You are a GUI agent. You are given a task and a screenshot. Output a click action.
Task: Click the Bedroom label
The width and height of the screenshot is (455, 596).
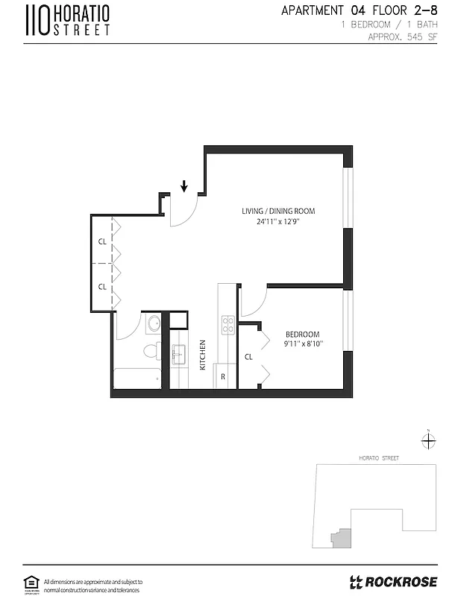coord(303,334)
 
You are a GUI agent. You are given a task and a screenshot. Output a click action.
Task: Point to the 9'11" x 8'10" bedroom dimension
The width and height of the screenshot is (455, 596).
coord(303,344)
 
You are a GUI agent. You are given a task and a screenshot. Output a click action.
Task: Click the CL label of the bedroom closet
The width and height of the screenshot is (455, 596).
coord(249,357)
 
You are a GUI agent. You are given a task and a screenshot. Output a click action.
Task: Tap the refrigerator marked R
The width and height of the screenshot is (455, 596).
coord(223,376)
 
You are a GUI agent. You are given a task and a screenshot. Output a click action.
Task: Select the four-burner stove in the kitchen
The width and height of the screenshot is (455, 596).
coord(228,324)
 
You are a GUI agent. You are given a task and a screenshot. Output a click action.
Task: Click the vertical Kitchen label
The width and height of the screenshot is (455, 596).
coord(202,355)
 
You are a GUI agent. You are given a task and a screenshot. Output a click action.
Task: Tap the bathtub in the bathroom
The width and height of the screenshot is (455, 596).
coord(137,378)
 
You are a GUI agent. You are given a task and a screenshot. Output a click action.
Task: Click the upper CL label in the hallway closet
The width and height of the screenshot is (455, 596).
coord(101,241)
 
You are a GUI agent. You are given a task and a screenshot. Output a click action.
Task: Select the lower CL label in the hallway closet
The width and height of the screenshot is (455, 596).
coord(101,286)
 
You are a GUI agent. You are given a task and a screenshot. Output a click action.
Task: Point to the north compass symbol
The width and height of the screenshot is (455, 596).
coord(428,441)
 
